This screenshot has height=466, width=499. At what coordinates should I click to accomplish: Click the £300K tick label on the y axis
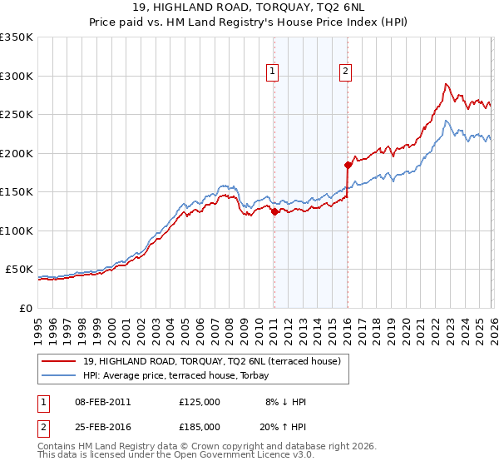[x=17, y=76]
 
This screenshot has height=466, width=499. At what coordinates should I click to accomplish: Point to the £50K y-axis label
[x=19, y=270]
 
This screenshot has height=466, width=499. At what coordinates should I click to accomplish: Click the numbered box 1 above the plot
[x=274, y=72]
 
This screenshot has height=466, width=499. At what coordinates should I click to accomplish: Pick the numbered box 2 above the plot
[x=344, y=72]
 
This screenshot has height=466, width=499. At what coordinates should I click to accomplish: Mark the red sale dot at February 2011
[x=274, y=211]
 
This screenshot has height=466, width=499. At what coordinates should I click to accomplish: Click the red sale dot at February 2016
[x=348, y=165]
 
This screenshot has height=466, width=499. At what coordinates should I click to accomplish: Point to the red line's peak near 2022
[x=447, y=84]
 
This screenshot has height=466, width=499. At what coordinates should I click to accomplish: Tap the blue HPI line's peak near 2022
[x=447, y=121]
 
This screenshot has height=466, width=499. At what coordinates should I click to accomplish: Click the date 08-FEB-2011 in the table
[x=101, y=402]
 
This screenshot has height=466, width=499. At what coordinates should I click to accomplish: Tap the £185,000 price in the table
[x=200, y=426]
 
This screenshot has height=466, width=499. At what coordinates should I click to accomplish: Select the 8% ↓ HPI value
[x=285, y=402]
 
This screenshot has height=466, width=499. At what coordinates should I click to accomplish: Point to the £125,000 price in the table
[x=200, y=402]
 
